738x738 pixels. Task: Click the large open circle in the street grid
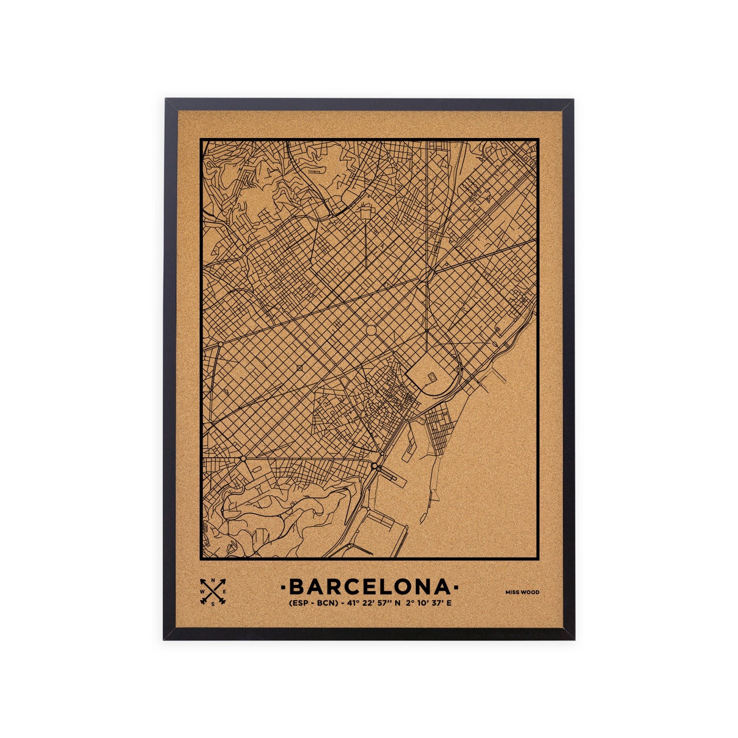pyautogui.click(x=370, y=330)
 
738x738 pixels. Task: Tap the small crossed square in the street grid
pyautogui.click(x=299, y=368)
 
